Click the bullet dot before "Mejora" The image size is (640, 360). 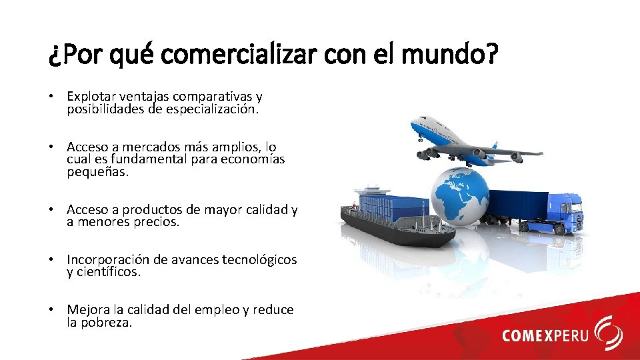[x=51, y=310]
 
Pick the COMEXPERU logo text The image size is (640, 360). [x=545, y=335]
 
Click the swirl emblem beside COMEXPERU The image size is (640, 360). [x=608, y=333]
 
